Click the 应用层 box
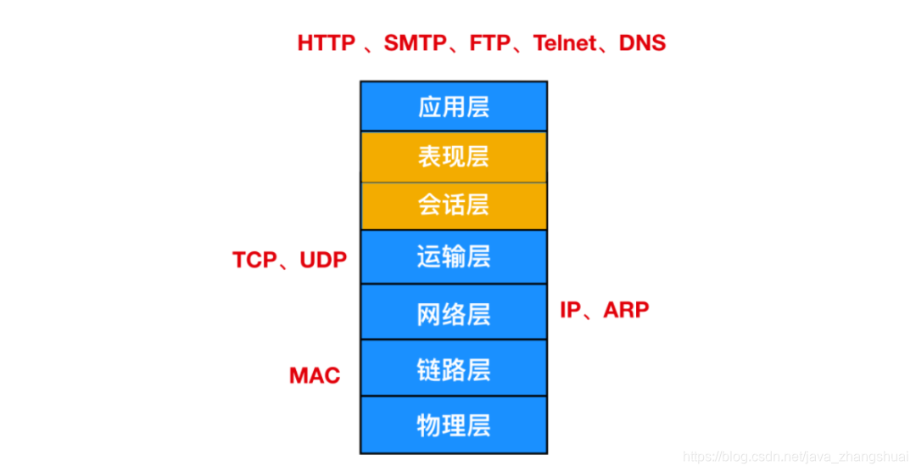[x=454, y=107]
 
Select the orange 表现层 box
[x=454, y=156]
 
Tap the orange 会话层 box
[x=454, y=205]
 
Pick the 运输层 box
[x=454, y=256]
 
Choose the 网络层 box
[x=454, y=313]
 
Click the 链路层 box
[x=454, y=370]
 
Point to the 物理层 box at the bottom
[x=454, y=424]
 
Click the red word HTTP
[x=327, y=43]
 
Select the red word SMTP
[x=415, y=43]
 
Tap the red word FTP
[x=493, y=43]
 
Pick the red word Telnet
[x=564, y=43]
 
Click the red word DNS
[x=643, y=43]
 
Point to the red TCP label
[x=255, y=260]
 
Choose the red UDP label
[x=323, y=260]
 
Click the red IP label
[x=571, y=310]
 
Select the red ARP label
[x=626, y=310]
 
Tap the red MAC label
[x=315, y=375]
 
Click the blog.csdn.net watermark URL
[x=796, y=458]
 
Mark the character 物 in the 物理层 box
[x=429, y=424]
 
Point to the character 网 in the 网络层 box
[x=429, y=313]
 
